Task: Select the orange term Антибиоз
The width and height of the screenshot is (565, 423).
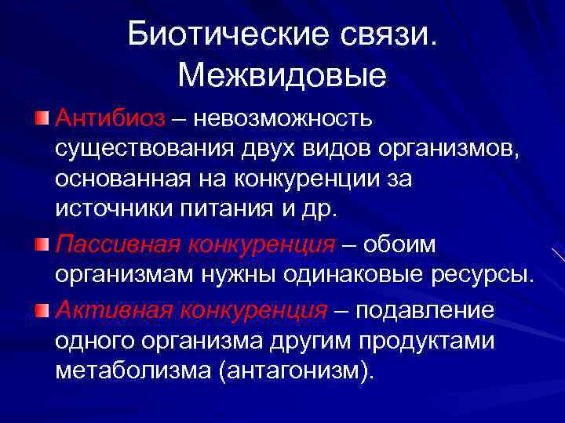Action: pos(111,118)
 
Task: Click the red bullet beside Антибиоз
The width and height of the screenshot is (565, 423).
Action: pos(42,118)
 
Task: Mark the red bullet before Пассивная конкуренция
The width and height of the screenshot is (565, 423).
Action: pos(42,244)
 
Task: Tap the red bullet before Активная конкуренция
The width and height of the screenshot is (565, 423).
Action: pos(42,309)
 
